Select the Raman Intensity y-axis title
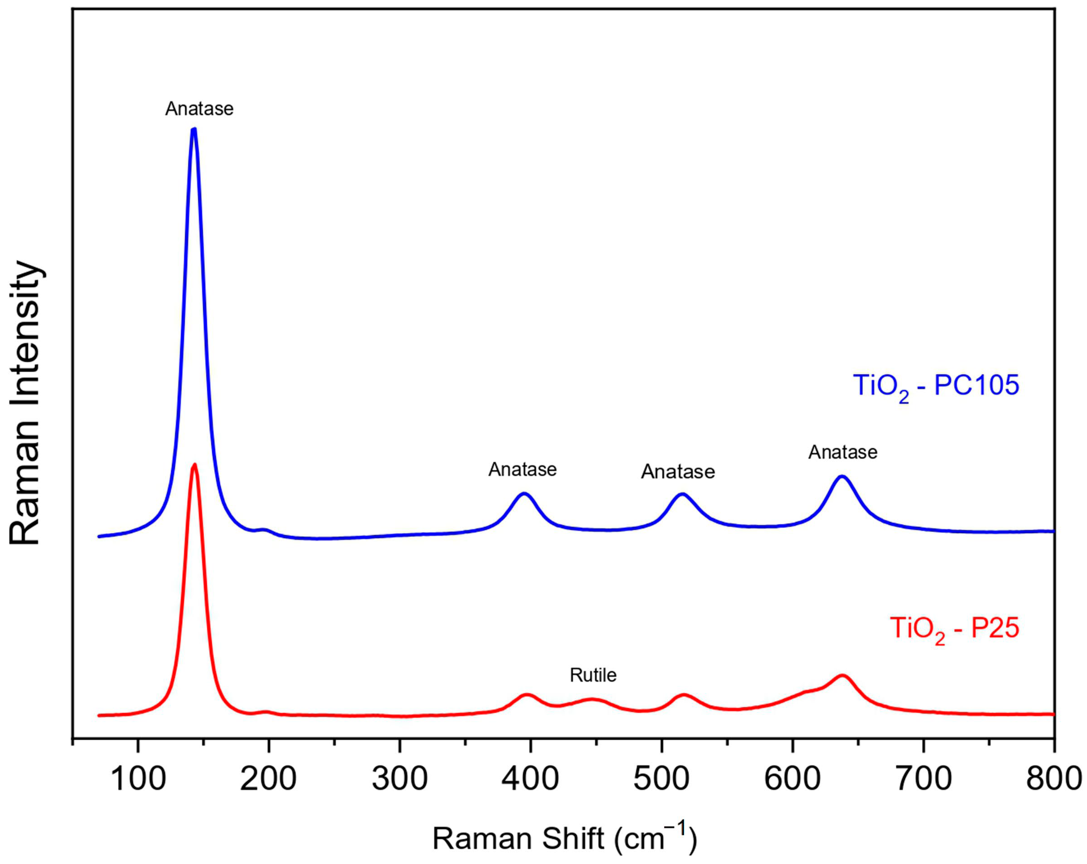tap(25, 403)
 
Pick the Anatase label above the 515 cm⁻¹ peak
tap(678, 472)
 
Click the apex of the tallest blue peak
tap(193, 129)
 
